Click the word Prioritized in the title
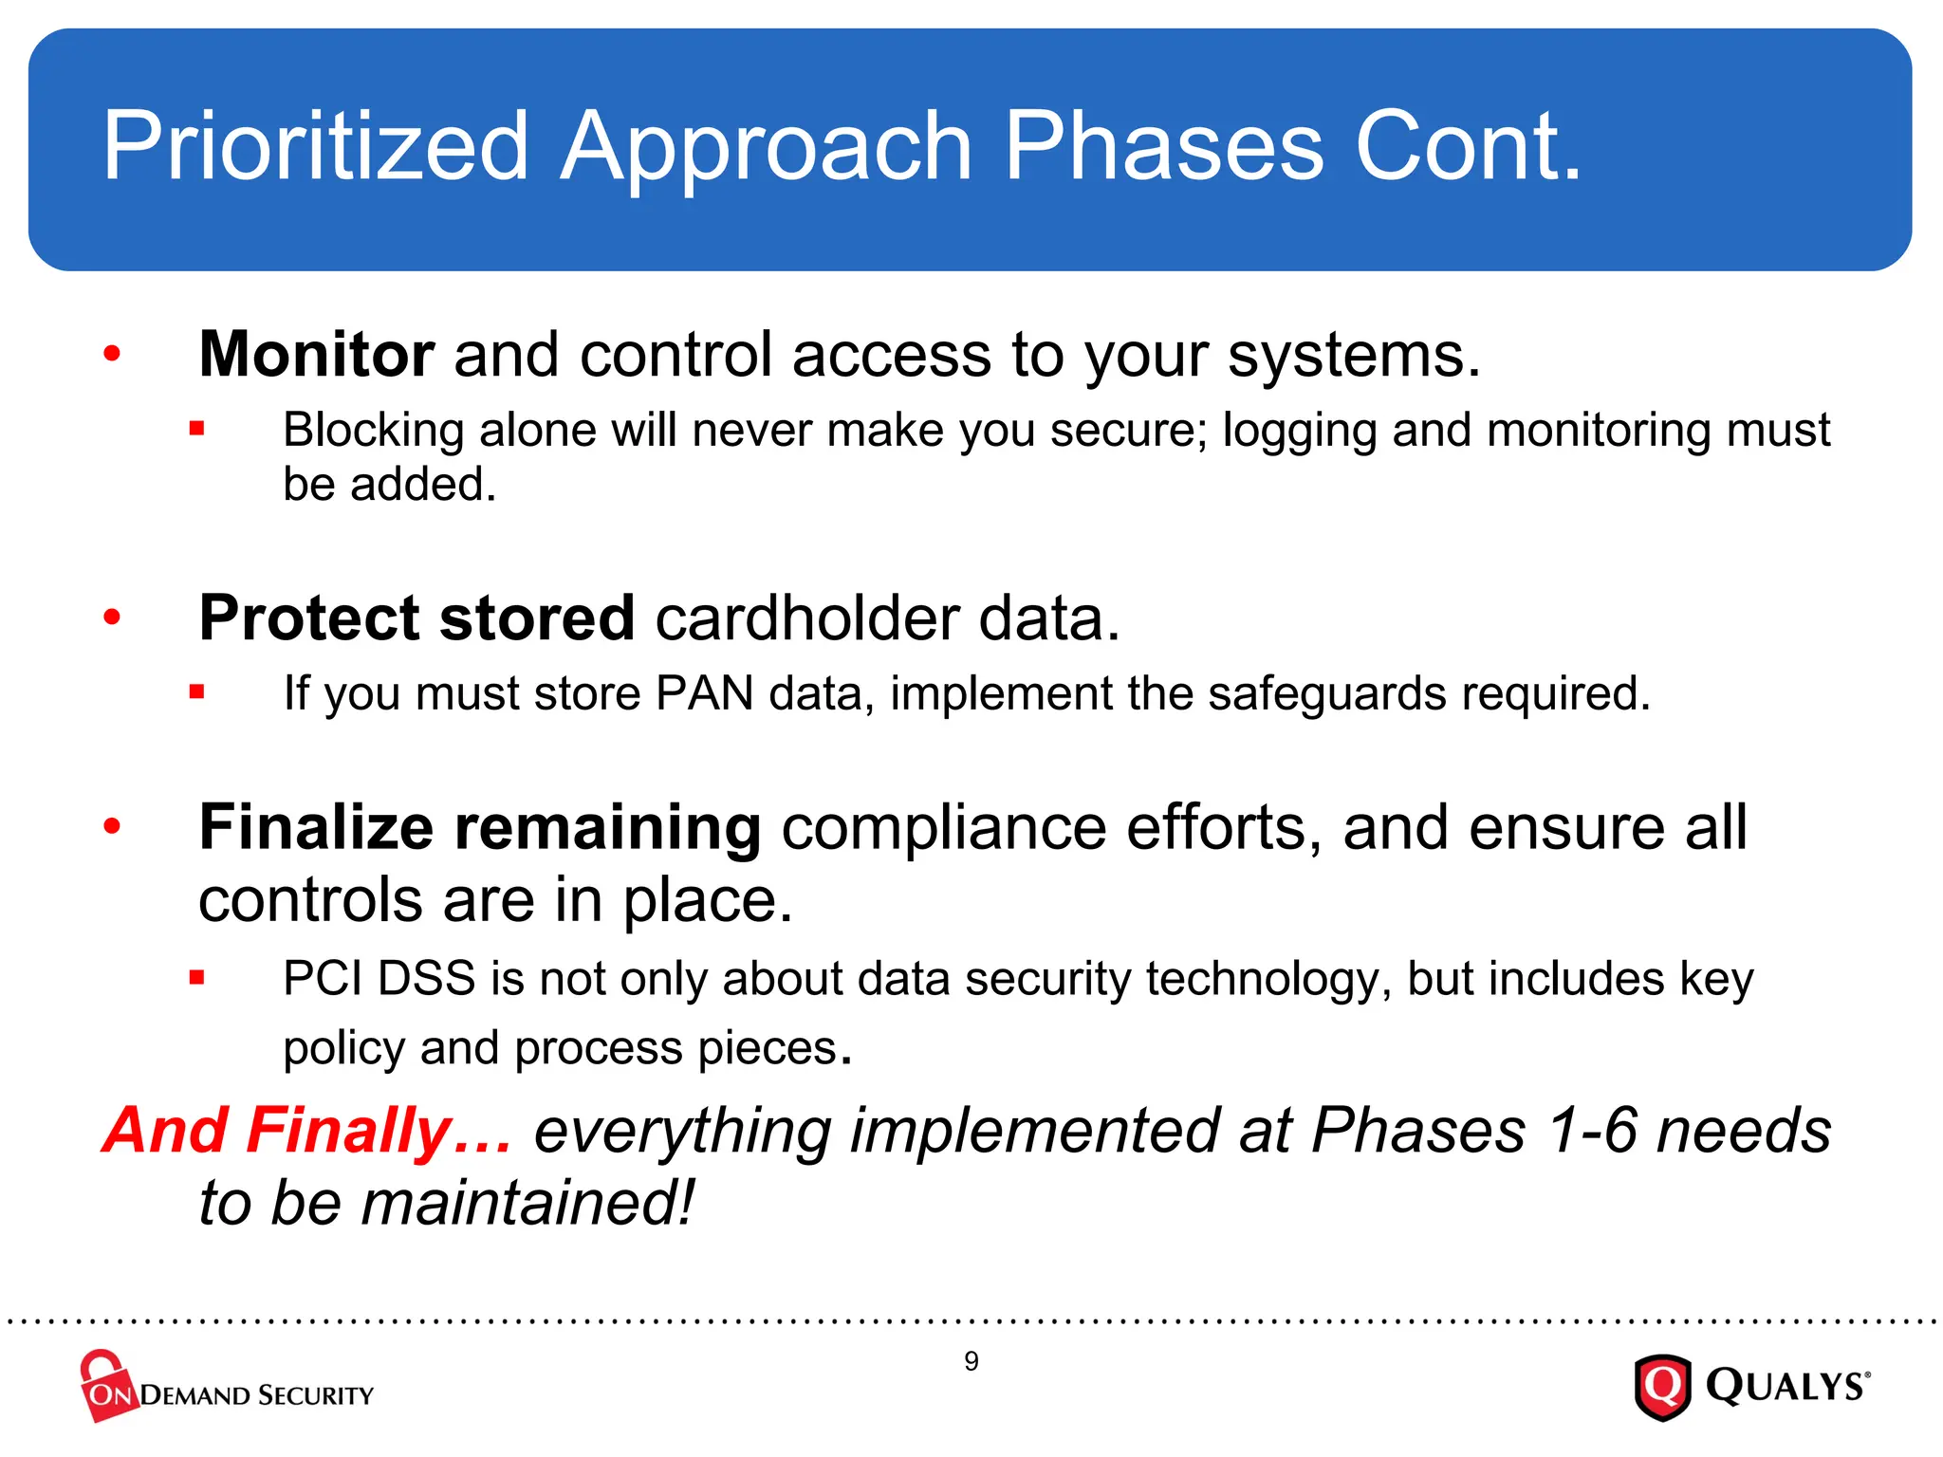(x=314, y=147)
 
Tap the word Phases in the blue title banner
(x=1163, y=147)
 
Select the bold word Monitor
(x=316, y=355)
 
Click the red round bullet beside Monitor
(x=112, y=354)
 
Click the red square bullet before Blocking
(x=196, y=429)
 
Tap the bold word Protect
(x=307, y=618)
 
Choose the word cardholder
(x=807, y=618)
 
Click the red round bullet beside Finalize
(x=112, y=826)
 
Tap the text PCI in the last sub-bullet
(x=322, y=978)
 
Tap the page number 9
(x=971, y=1361)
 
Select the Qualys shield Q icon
(x=1662, y=1387)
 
